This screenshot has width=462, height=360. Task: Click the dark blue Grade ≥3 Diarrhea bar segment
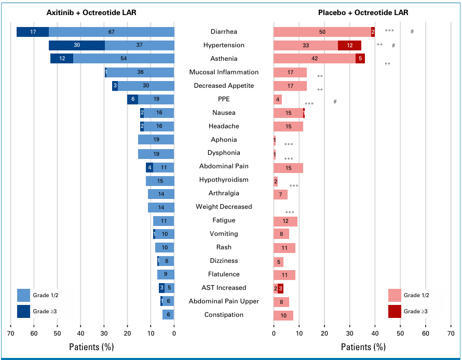33,32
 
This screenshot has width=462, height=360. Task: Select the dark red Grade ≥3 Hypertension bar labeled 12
349,45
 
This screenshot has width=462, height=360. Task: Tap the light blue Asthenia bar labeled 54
124,59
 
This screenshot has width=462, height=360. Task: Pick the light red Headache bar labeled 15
288,126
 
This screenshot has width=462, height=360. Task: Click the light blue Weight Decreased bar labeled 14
161,207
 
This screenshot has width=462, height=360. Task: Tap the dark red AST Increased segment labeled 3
280,288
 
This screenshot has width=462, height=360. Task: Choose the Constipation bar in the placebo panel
283,315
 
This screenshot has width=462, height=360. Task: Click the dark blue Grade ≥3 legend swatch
24,311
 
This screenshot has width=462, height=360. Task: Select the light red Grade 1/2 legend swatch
395,296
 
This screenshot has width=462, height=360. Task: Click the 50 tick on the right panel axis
400,333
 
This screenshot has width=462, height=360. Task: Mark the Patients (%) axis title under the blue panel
91,346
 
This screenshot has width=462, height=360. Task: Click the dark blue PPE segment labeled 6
132,99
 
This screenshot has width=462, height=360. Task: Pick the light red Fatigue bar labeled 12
286,221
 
